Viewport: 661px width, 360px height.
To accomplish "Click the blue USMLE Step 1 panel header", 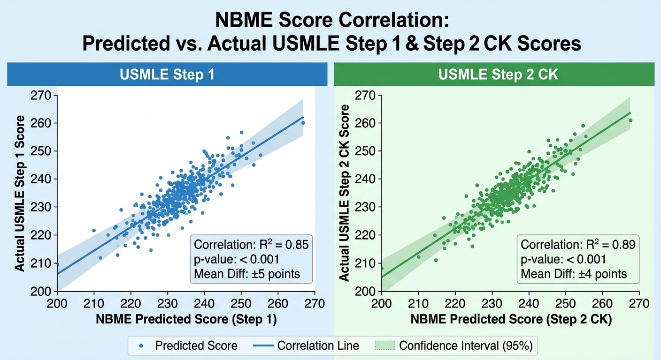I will tap(167, 75).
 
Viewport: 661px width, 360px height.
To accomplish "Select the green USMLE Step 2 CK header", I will tap(494, 75).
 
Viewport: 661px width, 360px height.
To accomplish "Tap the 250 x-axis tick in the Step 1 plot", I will tap(241, 303).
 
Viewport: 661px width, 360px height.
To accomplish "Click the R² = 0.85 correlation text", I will tap(251, 245).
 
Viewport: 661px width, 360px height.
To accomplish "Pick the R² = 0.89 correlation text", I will tap(578, 245).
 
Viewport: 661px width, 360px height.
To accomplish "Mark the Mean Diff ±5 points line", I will tap(247, 273).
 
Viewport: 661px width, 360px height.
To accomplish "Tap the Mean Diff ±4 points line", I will tap(574, 273).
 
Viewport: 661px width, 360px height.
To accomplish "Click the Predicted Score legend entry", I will tap(190, 346).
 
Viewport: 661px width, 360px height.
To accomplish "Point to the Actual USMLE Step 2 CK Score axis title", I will tap(345, 193).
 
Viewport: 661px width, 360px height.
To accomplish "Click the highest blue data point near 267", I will tap(303, 123).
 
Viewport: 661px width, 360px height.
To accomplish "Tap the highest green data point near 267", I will tap(630, 120).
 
